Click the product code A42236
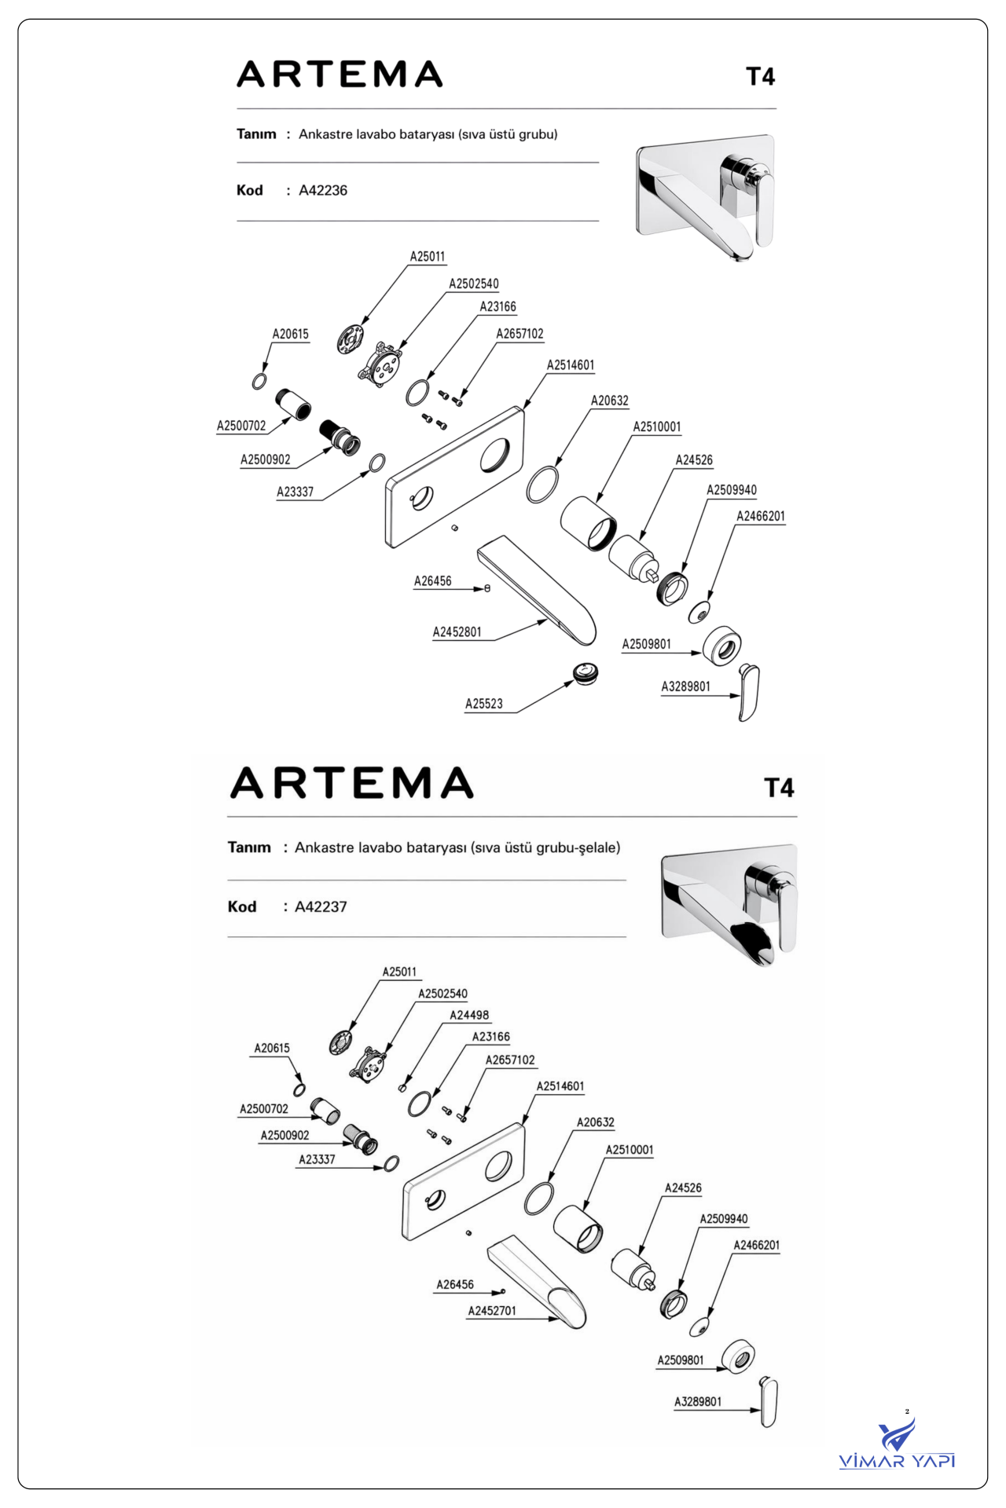click(323, 190)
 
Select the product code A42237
click(321, 906)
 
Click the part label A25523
click(484, 704)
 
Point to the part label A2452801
click(457, 631)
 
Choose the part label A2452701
click(492, 1311)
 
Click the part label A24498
click(469, 1015)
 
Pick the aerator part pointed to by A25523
click(586, 673)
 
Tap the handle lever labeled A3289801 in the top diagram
click(749, 693)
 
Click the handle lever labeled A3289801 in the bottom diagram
click(769, 1403)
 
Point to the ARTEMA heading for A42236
click(340, 75)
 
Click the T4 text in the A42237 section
click(780, 788)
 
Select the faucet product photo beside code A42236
click(705, 196)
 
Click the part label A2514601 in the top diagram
click(571, 365)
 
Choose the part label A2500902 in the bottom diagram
click(285, 1135)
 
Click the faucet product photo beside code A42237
click(729, 905)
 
